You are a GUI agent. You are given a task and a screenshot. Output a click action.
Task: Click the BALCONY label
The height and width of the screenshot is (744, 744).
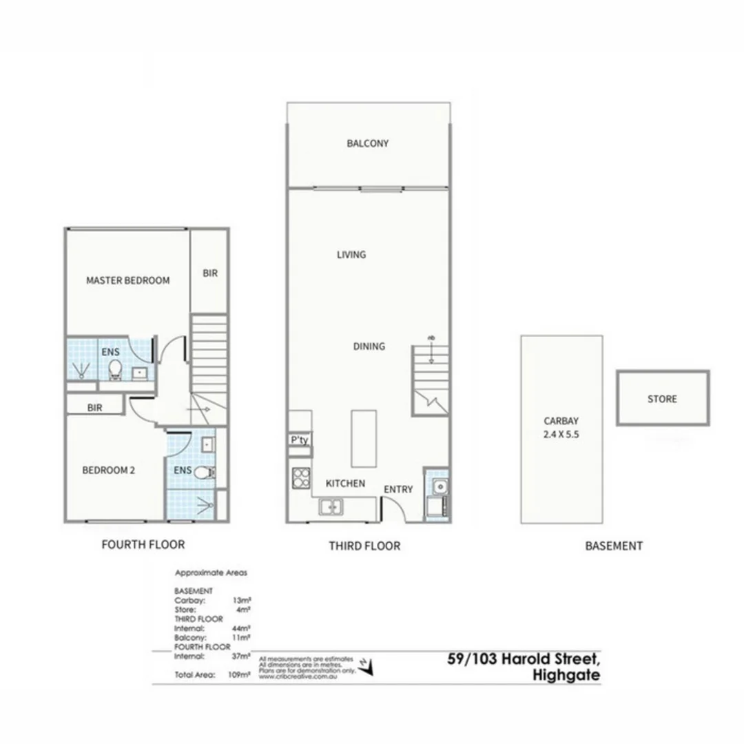click(368, 144)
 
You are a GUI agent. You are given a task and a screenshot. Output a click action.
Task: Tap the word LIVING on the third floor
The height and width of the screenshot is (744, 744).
click(351, 255)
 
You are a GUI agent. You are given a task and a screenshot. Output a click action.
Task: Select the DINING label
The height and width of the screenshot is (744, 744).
click(369, 347)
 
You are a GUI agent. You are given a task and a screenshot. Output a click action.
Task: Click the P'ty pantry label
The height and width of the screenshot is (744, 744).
click(299, 440)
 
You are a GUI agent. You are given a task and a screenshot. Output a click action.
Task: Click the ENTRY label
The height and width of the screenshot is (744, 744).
click(398, 490)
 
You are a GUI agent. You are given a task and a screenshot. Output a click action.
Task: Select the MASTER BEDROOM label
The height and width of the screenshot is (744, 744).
click(127, 281)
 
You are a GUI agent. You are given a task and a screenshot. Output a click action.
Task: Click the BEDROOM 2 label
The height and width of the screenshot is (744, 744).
click(108, 471)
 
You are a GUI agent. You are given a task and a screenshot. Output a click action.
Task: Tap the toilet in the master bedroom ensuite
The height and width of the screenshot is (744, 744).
click(116, 371)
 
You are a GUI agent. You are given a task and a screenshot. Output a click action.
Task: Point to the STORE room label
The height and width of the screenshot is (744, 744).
click(662, 399)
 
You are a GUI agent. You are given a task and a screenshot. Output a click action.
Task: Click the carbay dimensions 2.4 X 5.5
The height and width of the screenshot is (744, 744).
click(562, 435)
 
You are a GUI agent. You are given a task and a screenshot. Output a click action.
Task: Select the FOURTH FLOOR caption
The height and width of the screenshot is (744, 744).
click(143, 545)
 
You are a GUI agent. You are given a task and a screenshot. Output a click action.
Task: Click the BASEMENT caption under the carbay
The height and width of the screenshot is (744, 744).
click(614, 546)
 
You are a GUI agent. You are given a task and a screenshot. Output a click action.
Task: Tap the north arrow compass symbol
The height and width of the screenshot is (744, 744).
click(371, 667)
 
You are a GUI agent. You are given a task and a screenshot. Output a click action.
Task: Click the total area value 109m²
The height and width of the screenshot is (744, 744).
click(238, 674)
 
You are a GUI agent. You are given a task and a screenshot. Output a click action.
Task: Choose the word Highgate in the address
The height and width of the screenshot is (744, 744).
click(566, 675)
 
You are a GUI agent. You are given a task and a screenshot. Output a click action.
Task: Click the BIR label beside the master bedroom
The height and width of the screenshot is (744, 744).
click(210, 273)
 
